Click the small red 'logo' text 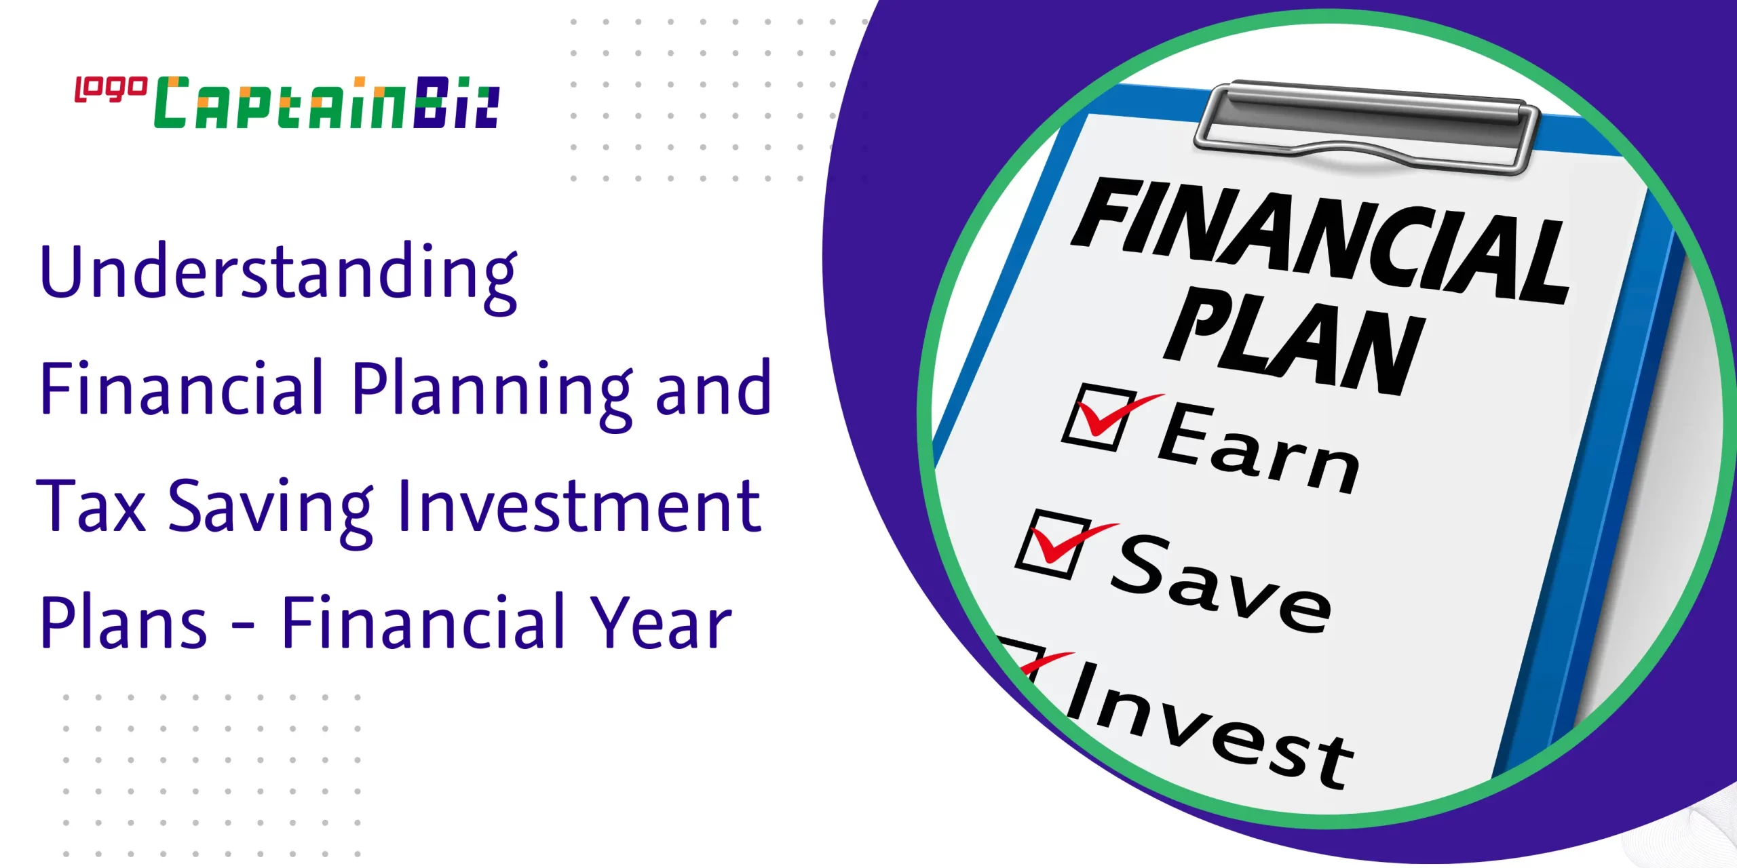click(111, 90)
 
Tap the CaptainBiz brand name click(327, 103)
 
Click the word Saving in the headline click(271, 511)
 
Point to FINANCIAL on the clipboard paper click(1320, 241)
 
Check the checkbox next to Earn click(1099, 418)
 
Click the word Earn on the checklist click(1259, 447)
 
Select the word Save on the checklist click(1221, 583)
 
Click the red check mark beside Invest click(1046, 664)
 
